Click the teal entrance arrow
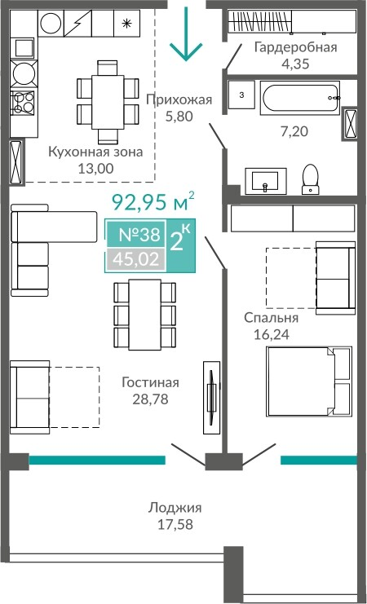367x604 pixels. click(186, 35)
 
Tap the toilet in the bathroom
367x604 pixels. click(311, 179)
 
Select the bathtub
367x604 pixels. click(300, 98)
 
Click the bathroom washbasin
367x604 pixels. click(265, 181)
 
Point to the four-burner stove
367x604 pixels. click(24, 102)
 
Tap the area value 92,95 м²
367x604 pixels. click(153, 202)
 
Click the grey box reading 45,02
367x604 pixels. click(135, 259)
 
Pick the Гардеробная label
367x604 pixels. click(295, 47)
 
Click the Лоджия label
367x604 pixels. click(175, 507)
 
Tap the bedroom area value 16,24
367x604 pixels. click(272, 334)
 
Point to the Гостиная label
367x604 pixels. click(150, 382)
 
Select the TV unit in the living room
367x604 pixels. click(212, 398)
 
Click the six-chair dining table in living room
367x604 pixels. click(144, 315)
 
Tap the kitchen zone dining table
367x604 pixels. click(107, 102)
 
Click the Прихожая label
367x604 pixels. click(179, 99)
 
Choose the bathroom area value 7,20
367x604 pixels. click(294, 132)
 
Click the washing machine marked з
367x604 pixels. click(241, 95)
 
